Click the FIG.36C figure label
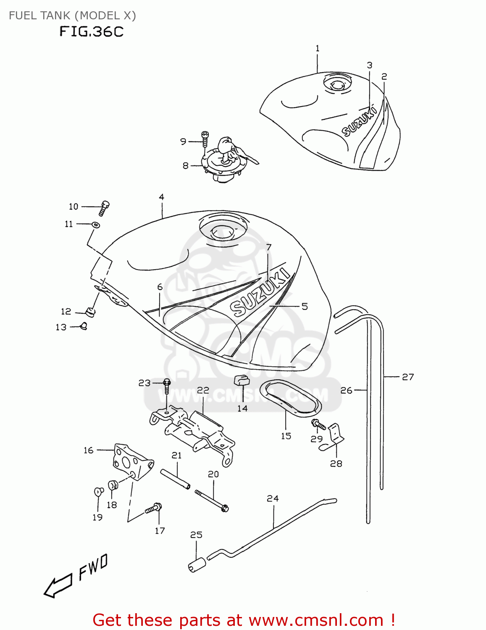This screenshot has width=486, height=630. [91, 31]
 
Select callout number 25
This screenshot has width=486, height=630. [196, 535]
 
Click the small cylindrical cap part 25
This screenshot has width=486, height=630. [197, 565]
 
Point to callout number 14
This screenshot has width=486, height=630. [242, 408]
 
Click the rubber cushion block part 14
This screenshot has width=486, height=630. [242, 380]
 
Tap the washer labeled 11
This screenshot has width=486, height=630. [96, 225]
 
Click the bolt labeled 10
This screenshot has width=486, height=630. [104, 207]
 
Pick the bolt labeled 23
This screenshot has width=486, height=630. [167, 386]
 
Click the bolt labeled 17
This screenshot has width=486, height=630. [154, 509]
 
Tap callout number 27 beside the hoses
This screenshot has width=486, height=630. [408, 377]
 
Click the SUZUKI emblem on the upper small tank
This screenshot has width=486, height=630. [359, 122]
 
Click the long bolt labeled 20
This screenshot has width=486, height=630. [212, 500]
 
